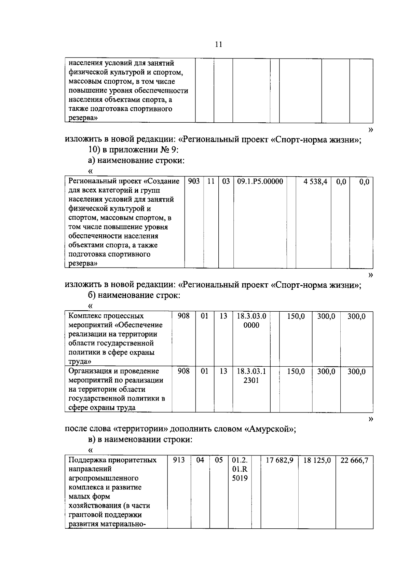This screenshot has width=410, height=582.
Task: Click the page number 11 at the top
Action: click(219, 44)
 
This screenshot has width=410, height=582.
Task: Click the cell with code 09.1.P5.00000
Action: click(260, 181)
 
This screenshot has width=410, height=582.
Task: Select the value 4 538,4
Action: click(315, 182)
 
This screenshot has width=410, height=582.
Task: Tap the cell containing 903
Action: click(194, 181)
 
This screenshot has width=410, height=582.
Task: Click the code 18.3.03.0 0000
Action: click(251, 321)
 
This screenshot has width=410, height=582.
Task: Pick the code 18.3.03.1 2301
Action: click(251, 376)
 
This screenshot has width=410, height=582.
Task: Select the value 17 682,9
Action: click(279, 460)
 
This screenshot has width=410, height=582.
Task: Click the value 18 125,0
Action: click(317, 460)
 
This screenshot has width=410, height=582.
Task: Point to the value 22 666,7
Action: click(354, 460)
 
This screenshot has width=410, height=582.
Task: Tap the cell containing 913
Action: click(179, 460)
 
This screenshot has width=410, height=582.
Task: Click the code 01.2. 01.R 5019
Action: click(240, 469)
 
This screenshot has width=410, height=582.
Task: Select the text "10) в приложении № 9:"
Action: click(133, 150)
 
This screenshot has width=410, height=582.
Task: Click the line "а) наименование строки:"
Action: click(136, 161)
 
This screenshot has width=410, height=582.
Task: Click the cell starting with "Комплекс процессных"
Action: click(116, 338)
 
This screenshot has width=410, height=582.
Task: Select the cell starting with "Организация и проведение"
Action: click(116, 389)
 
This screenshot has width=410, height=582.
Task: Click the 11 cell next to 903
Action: click(211, 181)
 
